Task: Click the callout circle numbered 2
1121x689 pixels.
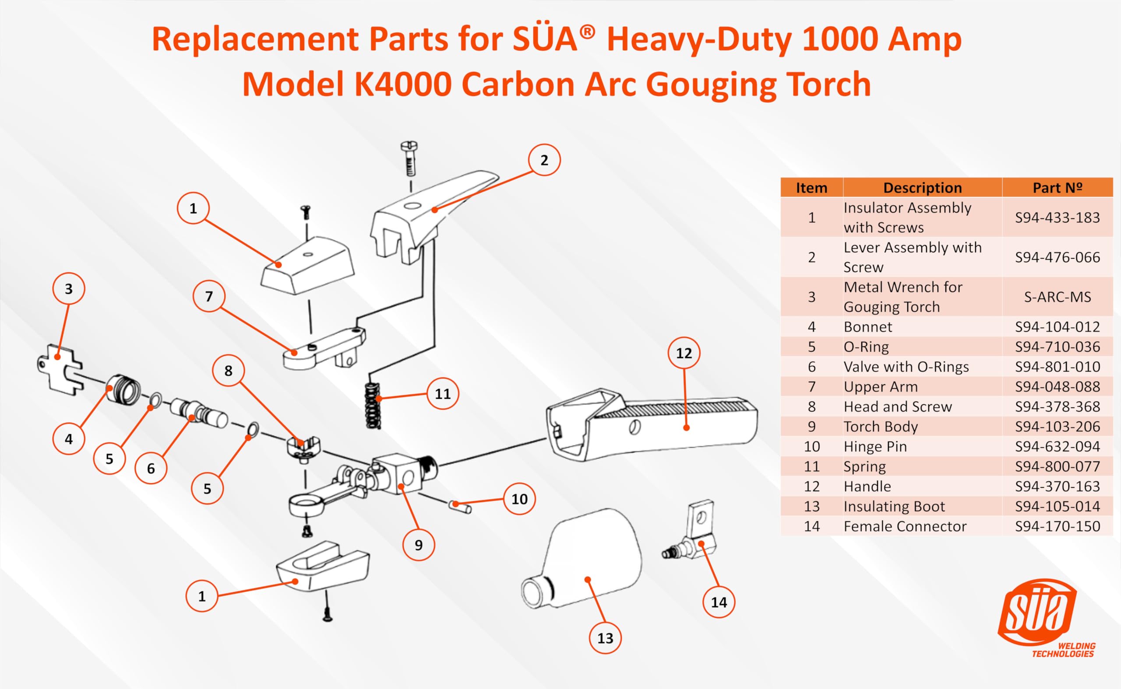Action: point(544,160)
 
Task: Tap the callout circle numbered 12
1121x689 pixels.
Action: point(684,353)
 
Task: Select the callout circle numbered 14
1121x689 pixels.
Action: point(719,602)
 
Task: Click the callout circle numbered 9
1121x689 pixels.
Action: point(419,545)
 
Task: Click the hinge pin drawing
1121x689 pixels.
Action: point(460,506)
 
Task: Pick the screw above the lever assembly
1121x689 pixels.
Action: point(409,158)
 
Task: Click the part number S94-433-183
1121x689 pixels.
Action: point(1057,218)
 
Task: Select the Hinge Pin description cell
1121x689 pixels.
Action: point(875,446)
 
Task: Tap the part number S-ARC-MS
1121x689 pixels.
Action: point(1057,297)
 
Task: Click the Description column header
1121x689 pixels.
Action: point(922,188)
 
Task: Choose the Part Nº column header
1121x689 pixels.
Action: point(1057,188)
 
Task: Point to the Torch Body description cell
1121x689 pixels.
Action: point(881,426)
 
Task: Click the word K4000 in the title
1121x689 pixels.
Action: point(402,84)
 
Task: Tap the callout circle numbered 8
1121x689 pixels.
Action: point(229,370)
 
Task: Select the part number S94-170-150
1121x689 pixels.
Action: point(1057,526)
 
